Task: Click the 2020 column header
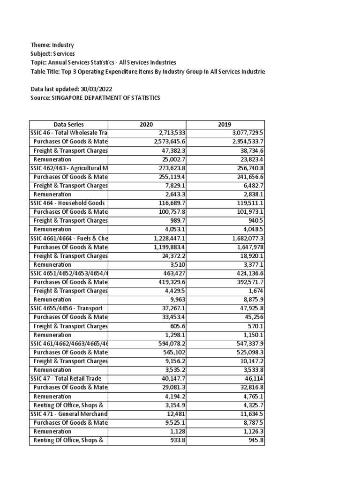click(x=147, y=124)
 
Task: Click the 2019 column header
click(x=225, y=124)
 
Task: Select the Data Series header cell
click(x=69, y=124)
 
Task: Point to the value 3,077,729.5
click(x=244, y=133)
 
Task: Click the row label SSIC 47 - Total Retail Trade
click(x=66, y=378)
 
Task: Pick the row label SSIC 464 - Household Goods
click(x=67, y=203)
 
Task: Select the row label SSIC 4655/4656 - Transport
click(x=66, y=308)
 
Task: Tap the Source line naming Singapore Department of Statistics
click(x=95, y=97)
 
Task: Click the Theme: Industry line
click(x=52, y=45)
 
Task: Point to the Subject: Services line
click(x=52, y=54)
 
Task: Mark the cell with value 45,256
click(x=253, y=317)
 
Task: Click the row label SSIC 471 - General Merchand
click(x=69, y=413)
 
